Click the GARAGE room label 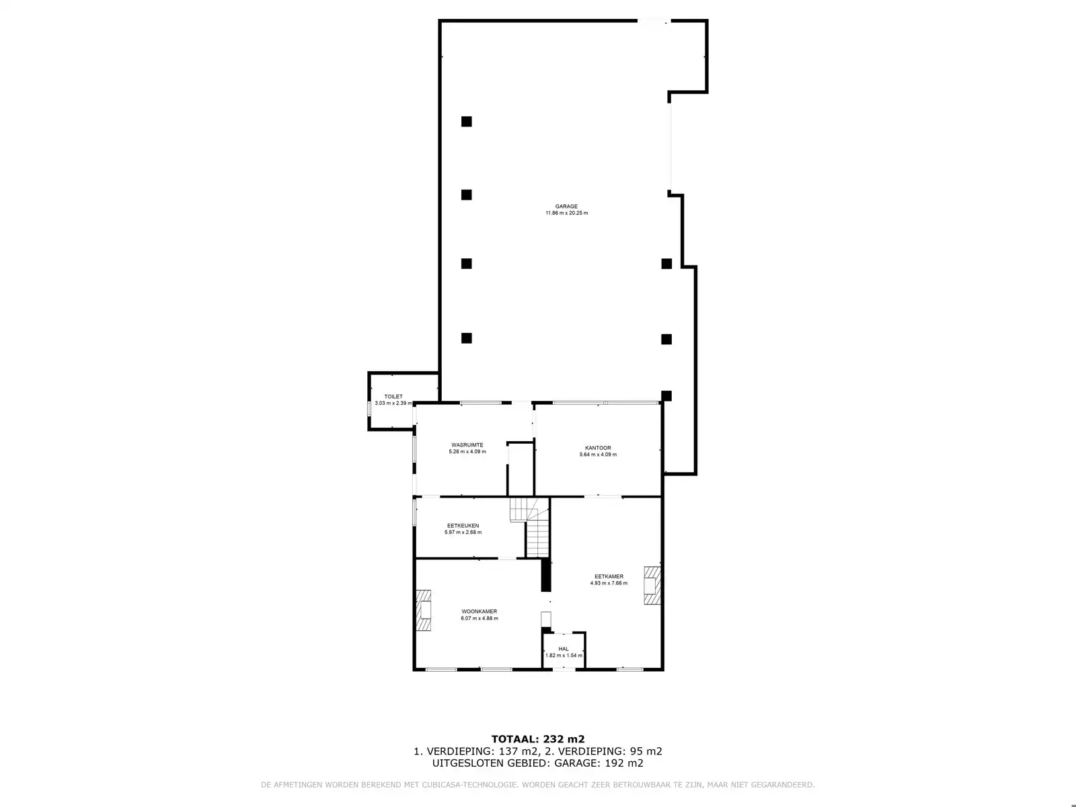coord(566,206)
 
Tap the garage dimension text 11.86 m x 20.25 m coord(566,213)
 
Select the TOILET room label coord(393,397)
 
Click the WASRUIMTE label coord(467,445)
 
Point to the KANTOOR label coord(598,448)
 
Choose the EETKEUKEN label coord(463,526)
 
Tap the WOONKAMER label coord(479,611)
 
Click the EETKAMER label coord(609,576)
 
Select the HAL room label coord(564,649)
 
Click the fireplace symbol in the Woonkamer coord(423,610)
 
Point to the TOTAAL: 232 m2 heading coord(533,739)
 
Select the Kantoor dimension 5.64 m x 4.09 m coord(598,455)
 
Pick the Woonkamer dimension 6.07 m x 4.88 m coord(479,618)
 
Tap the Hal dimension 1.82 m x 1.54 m coord(564,655)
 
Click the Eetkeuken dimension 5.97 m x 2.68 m coord(463,533)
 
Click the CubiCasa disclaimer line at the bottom coord(538,785)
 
